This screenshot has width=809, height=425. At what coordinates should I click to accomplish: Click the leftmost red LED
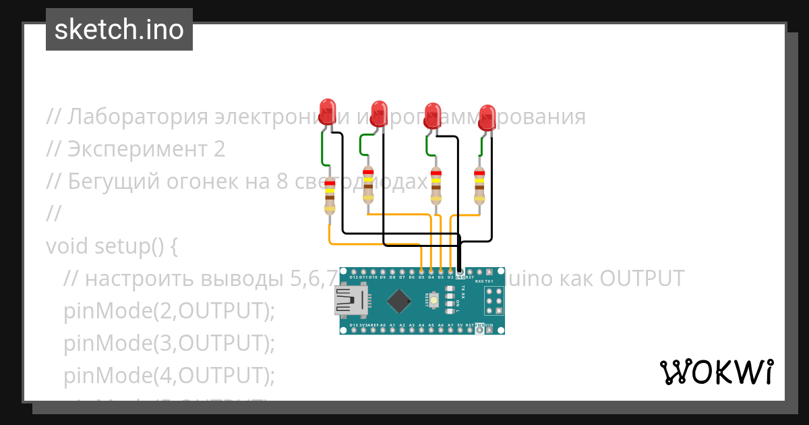coord(328,111)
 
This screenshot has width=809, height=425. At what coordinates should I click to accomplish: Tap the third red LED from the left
coord(432,113)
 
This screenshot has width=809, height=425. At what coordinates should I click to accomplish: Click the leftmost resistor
coord(330,196)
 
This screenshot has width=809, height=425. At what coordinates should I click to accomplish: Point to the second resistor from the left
coord(368,185)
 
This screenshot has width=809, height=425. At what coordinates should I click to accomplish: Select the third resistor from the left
coord(436,186)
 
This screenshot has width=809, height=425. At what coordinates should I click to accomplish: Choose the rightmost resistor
coord(479,186)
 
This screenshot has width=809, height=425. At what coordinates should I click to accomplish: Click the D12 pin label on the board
coord(354,277)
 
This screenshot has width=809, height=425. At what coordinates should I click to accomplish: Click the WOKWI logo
coord(716,372)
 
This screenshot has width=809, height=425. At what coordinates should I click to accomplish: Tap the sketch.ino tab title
coord(119,30)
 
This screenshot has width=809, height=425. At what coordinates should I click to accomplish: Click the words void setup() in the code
coord(111,246)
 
